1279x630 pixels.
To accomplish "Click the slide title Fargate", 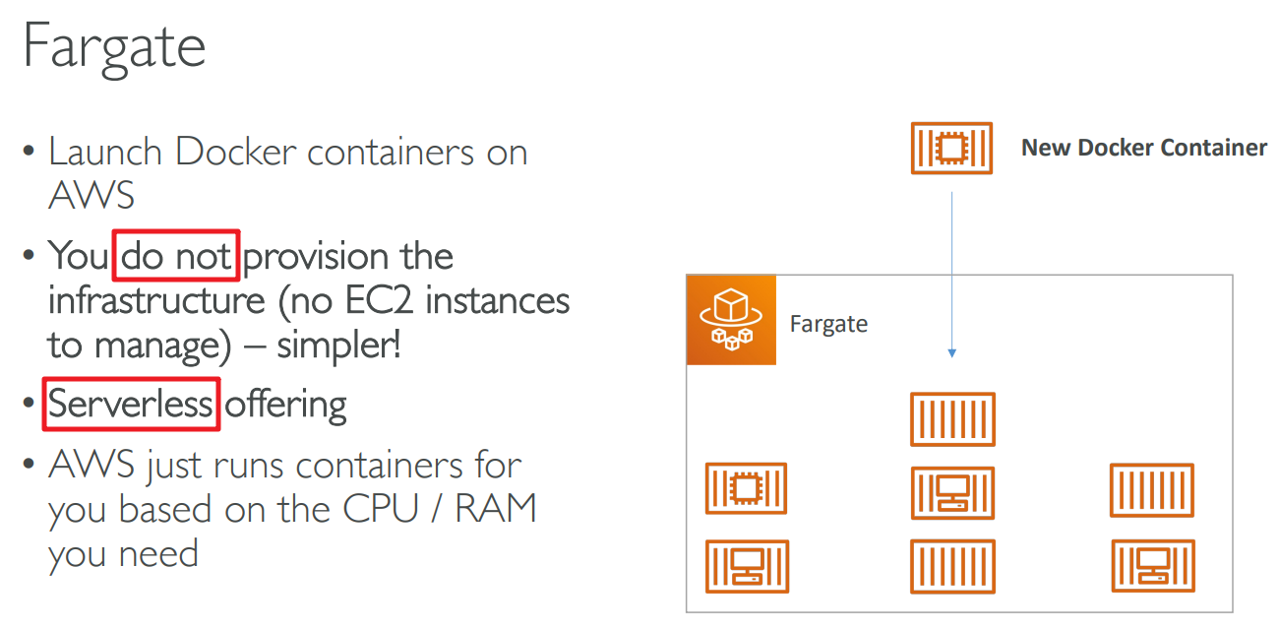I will [x=114, y=45].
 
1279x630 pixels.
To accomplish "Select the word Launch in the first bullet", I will [x=105, y=153].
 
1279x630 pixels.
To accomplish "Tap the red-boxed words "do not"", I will [x=177, y=257].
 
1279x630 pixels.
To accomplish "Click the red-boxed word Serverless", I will [x=131, y=405].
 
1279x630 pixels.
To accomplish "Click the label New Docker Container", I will [x=1144, y=148].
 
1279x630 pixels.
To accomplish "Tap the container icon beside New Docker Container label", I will [x=951, y=148].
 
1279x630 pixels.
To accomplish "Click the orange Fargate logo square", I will [x=731, y=320].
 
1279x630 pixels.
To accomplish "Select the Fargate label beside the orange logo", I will [x=828, y=324].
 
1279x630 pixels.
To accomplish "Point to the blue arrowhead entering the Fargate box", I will [x=951, y=352].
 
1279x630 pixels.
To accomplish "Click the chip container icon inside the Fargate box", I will [x=746, y=488].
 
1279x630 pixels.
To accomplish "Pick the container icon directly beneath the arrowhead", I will [x=951, y=418].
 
